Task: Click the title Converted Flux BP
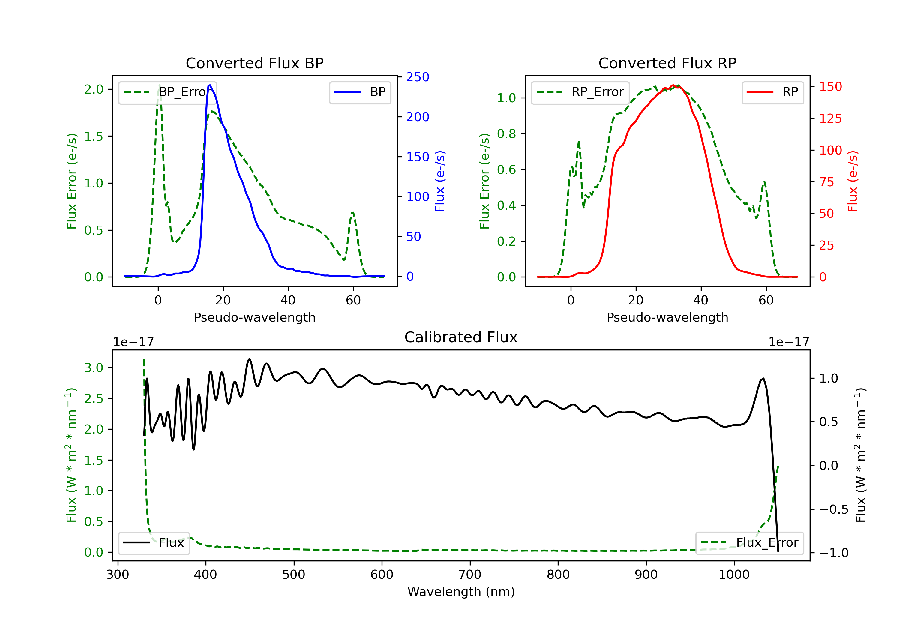254,63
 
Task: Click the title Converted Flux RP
667,63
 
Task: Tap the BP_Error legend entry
168,92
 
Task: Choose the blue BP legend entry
360,92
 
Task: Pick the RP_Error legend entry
580,92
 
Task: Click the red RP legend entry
772,92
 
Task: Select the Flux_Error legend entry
749,543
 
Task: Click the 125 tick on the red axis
830,118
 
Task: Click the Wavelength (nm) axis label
461,592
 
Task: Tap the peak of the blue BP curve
210,85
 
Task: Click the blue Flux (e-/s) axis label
440,181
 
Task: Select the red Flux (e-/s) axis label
853,181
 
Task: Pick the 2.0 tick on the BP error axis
94,89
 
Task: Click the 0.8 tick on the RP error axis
506,134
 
